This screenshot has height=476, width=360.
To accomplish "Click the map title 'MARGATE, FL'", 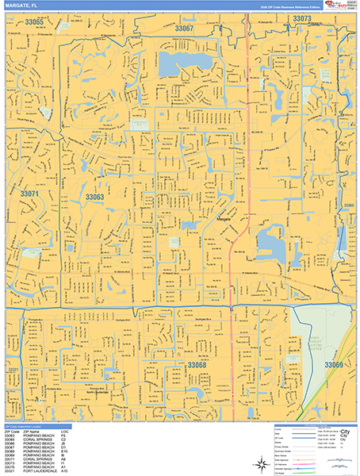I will [x=22, y=6].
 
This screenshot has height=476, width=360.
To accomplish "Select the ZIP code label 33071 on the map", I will [x=29, y=194].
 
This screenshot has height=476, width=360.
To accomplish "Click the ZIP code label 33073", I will [x=302, y=17].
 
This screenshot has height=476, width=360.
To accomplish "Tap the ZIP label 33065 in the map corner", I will [x=32, y=21].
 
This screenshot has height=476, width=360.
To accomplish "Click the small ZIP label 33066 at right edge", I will [x=348, y=205].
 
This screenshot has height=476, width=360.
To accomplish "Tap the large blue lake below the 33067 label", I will [x=187, y=64].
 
